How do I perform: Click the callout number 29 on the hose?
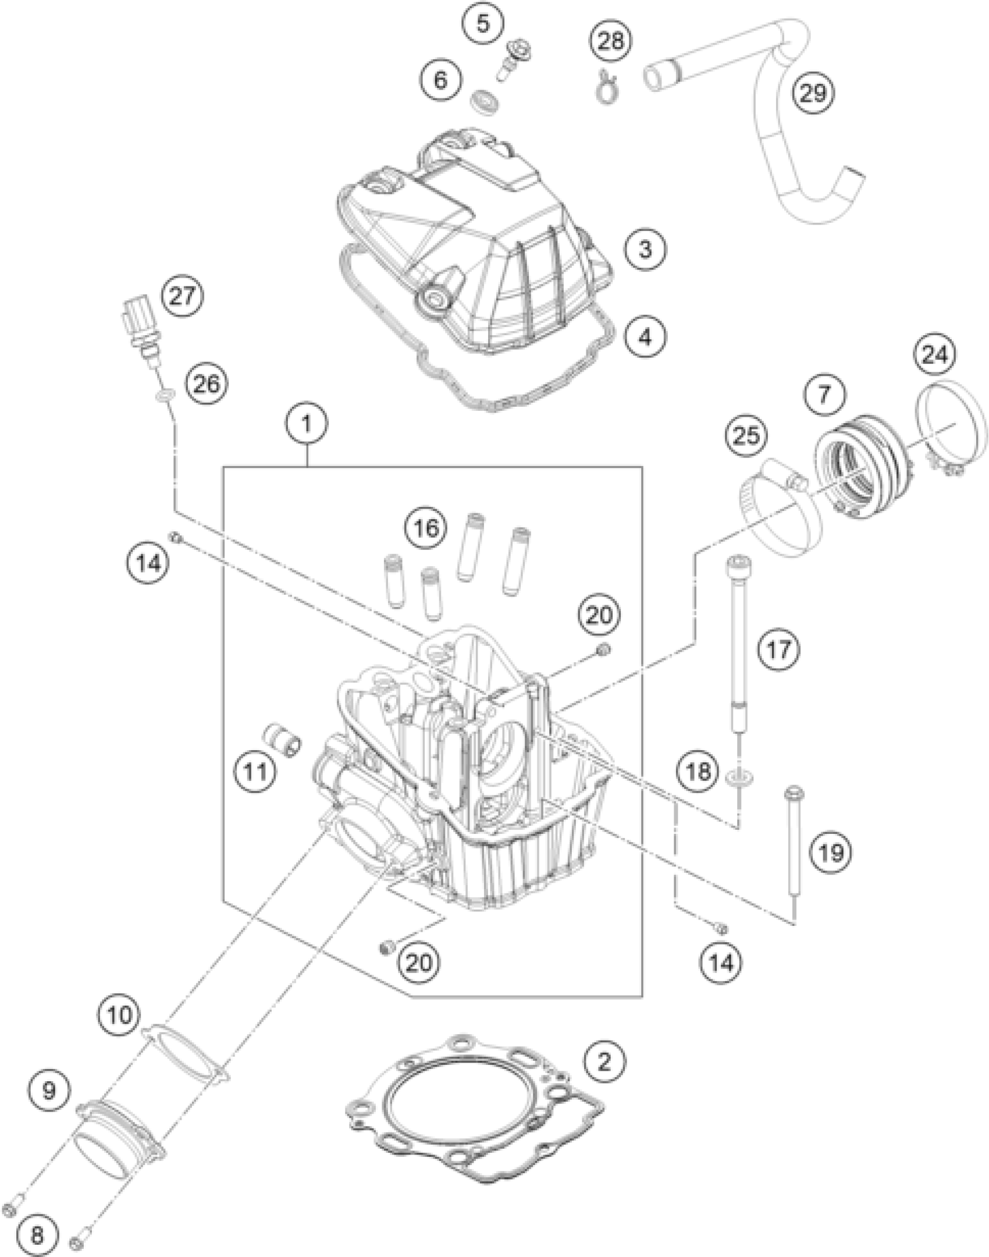coord(813,93)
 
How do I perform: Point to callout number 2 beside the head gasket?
coord(604,1063)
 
